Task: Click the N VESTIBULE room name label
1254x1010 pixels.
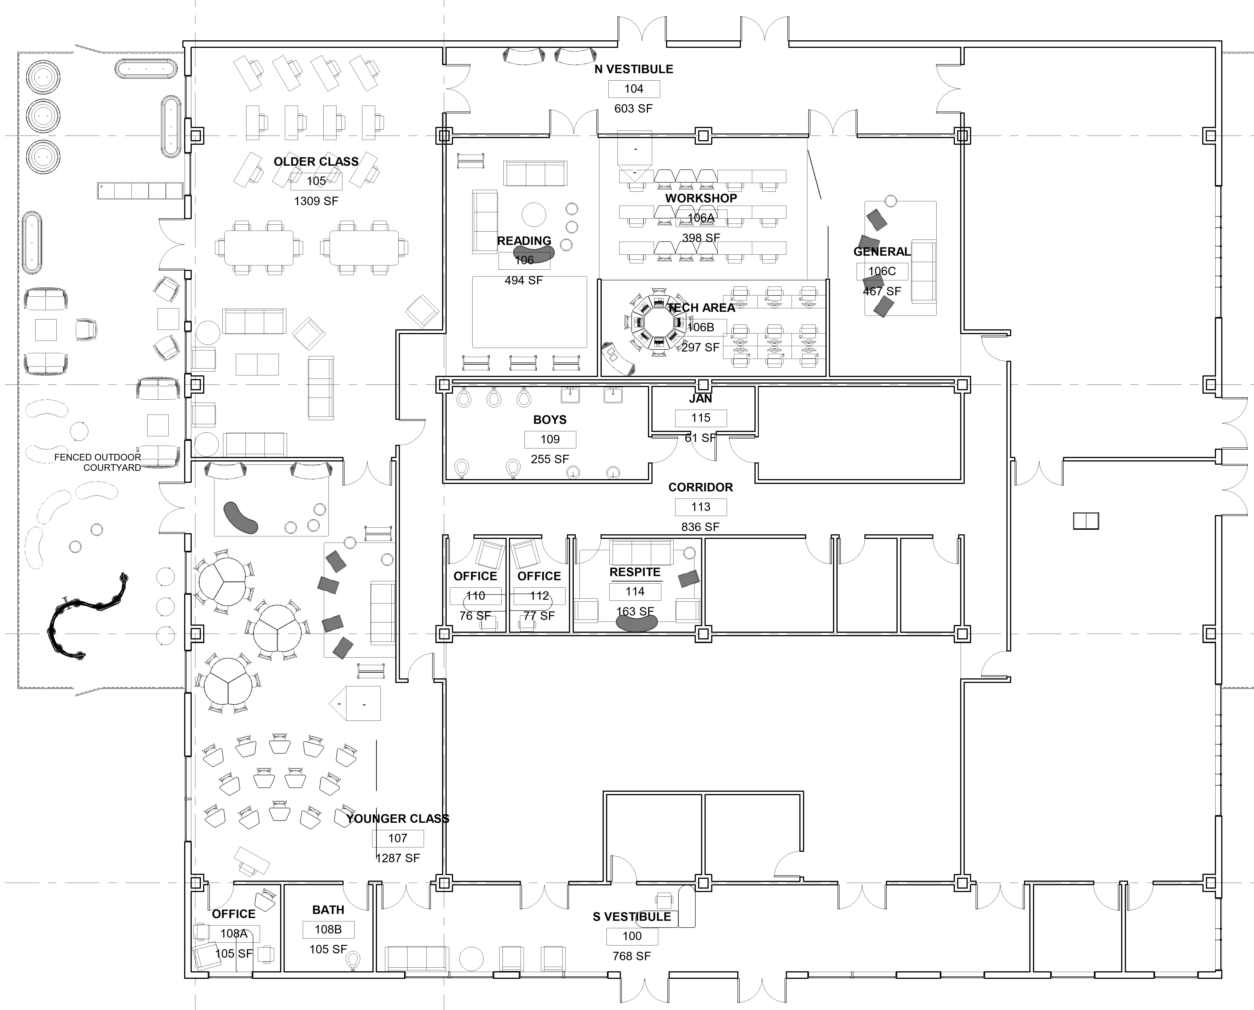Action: pos(634,69)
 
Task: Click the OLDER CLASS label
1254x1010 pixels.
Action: pos(316,162)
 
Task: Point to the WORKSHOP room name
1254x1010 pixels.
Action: pos(701,198)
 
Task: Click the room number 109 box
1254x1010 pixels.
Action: pos(550,439)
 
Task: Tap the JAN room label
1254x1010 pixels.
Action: pos(701,399)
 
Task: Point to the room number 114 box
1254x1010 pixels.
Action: pos(635,592)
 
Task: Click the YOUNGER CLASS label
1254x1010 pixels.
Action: pos(398,819)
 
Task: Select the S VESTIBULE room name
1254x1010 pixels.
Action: pos(632,917)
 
